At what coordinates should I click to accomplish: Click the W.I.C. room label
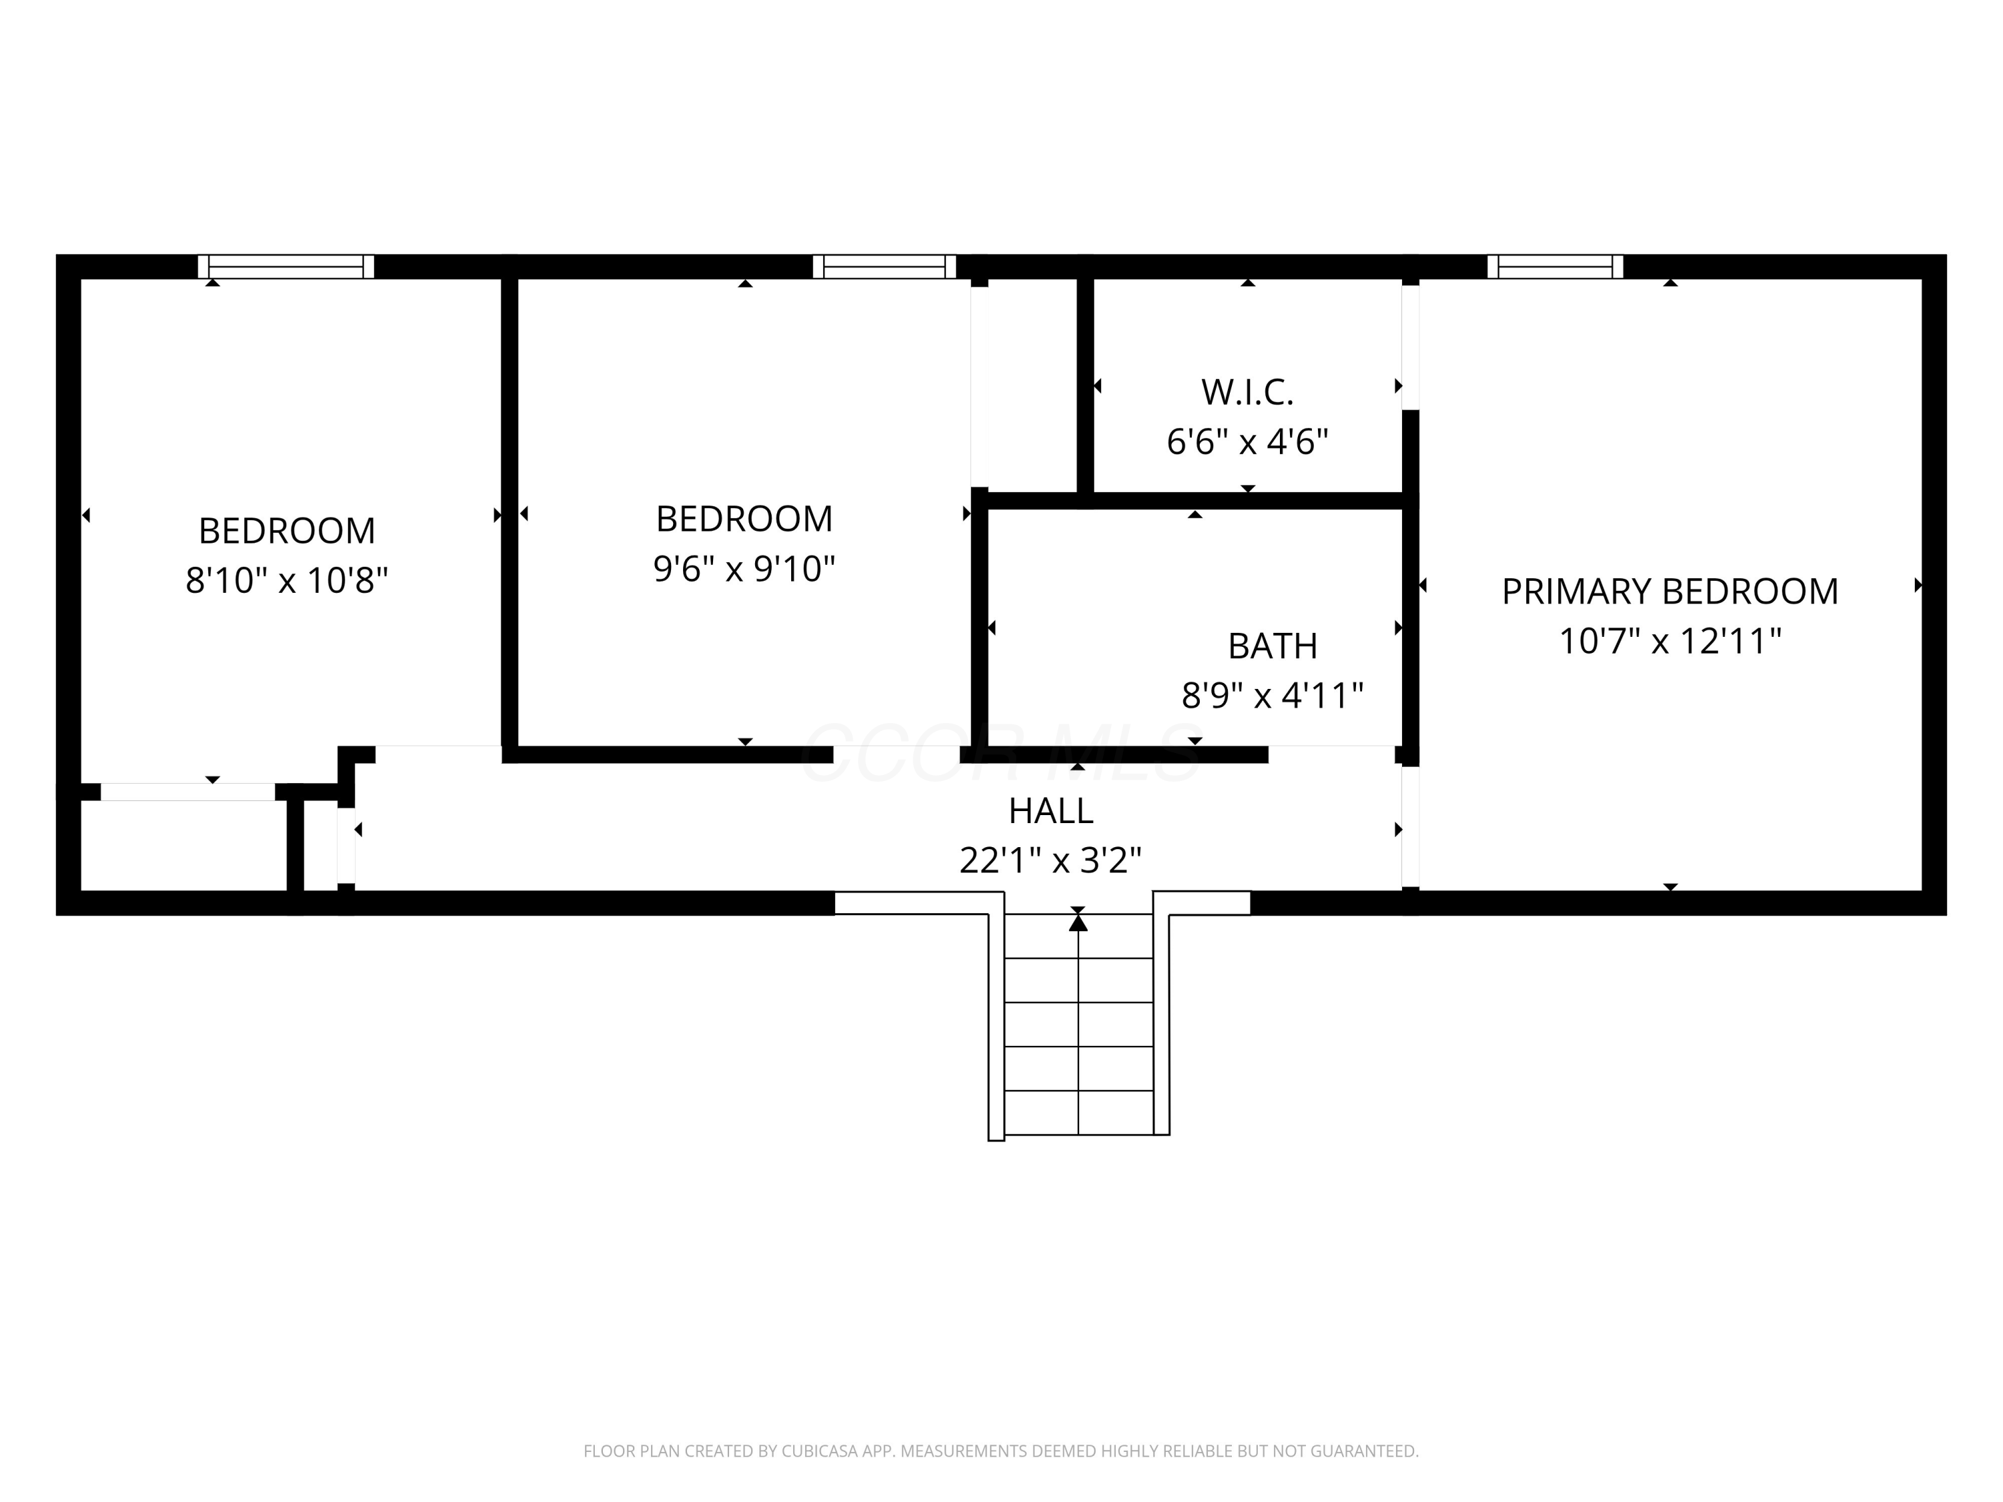coord(1247,392)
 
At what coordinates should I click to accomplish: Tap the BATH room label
coord(1273,646)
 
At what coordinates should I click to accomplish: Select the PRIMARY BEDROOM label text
coord(1670,591)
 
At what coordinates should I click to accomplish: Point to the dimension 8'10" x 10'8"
coord(286,579)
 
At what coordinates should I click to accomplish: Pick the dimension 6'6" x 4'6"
coord(1247,442)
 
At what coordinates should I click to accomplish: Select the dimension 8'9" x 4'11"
coord(1273,696)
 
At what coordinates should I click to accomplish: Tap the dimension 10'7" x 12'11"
coord(1670,641)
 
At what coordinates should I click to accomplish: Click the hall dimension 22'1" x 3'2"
coord(1050,860)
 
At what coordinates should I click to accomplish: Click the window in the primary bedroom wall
coord(1555,266)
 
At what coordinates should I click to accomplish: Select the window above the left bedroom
coord(286,266)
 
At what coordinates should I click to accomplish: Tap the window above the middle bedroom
coord(885,266)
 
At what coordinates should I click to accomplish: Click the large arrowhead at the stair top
coord(1078,923)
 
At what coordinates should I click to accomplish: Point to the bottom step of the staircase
coord(1078,1113)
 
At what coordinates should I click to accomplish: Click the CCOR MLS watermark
coord(1001,753)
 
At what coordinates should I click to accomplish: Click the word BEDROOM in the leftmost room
coord(286,531)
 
